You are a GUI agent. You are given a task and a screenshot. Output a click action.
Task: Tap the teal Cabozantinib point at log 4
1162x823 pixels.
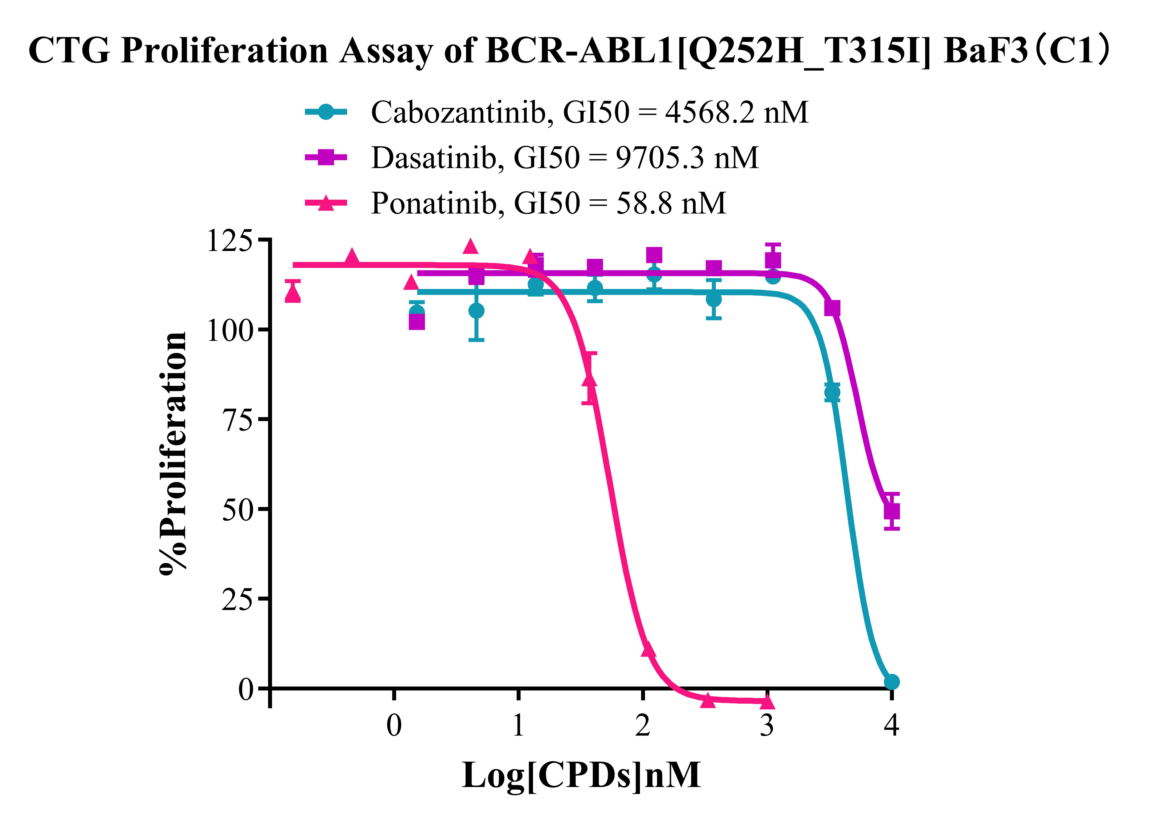coord(892,682)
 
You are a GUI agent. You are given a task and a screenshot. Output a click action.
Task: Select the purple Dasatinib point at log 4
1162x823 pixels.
coord(892,511)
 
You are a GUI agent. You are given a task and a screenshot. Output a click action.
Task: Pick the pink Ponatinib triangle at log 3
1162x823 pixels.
coord(767,702)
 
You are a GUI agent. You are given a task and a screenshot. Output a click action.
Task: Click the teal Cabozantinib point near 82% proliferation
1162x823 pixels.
coord(832,392)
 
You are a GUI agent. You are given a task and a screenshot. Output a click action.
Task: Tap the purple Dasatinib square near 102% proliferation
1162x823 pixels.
coord(416,321)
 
